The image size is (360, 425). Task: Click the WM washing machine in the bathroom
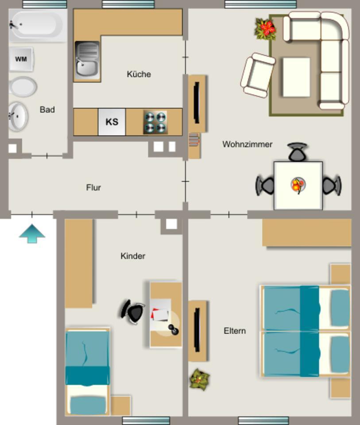point(21,59)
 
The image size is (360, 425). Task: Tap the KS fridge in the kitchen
point(112,122)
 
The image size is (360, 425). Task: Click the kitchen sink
point(87,61)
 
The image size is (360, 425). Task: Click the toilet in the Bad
point(23,87)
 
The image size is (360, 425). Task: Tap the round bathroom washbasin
point(18,116)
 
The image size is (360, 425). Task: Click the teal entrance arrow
point(32,233)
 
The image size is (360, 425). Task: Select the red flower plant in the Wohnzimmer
point(266,28)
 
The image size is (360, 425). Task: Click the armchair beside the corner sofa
point(258,75)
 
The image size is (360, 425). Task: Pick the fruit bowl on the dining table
point(298,185)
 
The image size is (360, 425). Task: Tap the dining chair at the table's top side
point(297,152)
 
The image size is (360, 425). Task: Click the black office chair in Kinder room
point(134,312)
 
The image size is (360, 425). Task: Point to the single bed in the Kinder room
point(87,371)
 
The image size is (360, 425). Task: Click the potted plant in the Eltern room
point(199,379)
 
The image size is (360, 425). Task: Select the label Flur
point(93,188)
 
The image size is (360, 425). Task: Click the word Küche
point(139,74)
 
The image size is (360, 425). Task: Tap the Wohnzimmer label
point(247,144)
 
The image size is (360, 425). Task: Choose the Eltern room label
point(235,331)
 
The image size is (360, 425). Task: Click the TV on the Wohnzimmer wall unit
point(197,103)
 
